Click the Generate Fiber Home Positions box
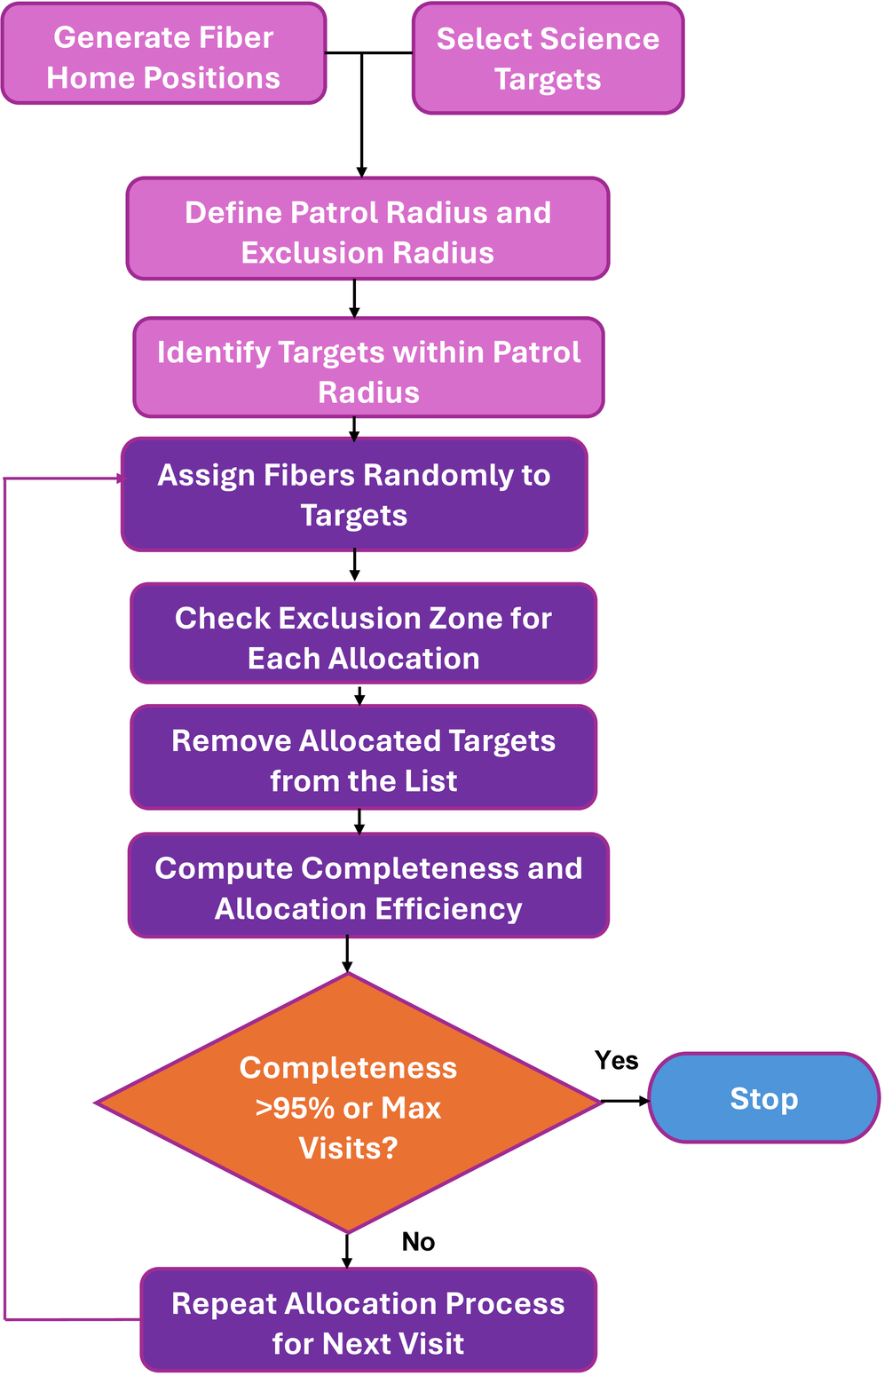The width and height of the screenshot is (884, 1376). (x=163, y=53)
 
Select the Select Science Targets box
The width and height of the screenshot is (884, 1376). (x=548, y=59)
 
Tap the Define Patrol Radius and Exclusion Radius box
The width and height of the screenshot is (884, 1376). (x=368, y=228)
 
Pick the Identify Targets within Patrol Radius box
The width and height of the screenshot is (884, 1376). (x=368, y=368)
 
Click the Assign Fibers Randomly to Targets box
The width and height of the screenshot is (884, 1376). (x=354, y=494)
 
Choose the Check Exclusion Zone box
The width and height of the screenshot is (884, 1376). (x=364, y=633)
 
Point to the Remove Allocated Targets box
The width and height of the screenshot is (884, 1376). (x=364, y=756)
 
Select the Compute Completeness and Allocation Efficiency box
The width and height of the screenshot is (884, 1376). (x=368, y=885)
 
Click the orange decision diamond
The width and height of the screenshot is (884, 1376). (x=348, y=1103)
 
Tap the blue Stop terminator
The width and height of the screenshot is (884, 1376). (x=764, y=1098)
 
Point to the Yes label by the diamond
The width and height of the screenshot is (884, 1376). (x=616, y=1060)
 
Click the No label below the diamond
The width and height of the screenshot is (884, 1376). (x=418, y=1241)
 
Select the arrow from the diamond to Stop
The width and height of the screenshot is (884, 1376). (x=625, y=1101)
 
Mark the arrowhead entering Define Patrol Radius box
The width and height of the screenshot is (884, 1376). (x=362, y=172)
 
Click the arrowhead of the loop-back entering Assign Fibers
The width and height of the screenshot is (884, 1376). (x=121, y=478)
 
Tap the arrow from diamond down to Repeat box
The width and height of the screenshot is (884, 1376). (x=347, y=1251)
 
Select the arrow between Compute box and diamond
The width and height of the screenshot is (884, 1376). (x=347, y=955)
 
